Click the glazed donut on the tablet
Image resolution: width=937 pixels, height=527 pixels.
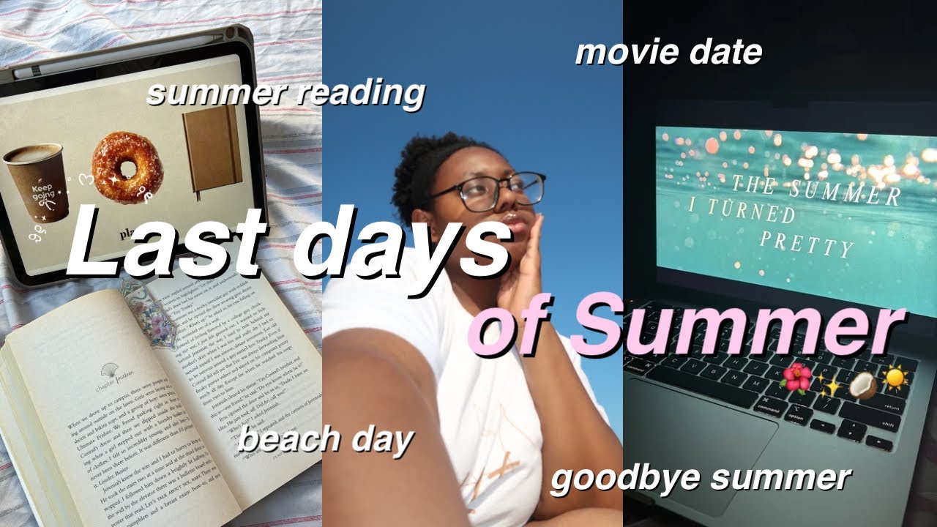(127, 167)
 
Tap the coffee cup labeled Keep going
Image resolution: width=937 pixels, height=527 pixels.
(37, 182)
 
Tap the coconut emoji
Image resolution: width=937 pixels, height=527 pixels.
(864, 386)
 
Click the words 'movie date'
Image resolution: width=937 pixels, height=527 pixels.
(668, 53)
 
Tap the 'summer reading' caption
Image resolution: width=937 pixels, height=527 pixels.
(285, 94)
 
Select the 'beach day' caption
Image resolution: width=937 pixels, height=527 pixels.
(326, 441)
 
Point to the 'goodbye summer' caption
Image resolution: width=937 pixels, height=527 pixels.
(700, 478)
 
